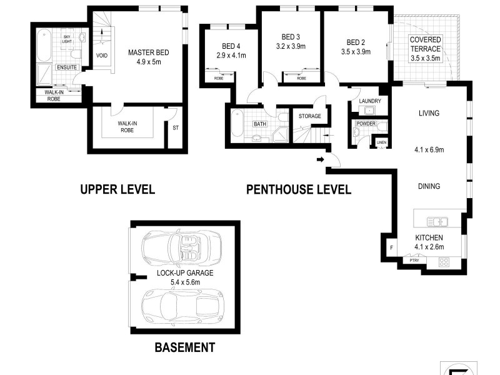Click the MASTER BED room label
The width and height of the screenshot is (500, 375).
148,52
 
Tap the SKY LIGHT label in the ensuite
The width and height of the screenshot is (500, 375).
67,39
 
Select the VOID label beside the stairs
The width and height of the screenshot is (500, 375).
102,56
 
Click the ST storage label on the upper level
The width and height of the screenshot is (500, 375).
176,128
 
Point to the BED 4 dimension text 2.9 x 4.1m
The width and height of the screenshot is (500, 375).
231,56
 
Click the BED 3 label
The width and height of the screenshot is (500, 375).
291,37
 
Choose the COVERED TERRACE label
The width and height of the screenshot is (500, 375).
426,44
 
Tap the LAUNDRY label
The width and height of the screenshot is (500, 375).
370,101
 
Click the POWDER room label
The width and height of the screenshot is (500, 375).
366,123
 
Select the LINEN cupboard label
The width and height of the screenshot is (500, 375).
381,142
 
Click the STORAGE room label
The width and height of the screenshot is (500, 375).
309,116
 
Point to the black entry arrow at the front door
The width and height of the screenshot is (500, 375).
321,159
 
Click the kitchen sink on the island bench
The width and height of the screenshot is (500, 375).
437,221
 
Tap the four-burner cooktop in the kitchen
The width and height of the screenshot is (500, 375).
444,262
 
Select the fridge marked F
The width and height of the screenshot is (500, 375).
392,247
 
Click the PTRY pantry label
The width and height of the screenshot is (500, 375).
414,261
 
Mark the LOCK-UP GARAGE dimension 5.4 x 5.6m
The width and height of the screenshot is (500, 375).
185,282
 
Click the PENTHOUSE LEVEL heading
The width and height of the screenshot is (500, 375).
299,189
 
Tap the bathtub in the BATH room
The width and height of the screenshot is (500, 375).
237,123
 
